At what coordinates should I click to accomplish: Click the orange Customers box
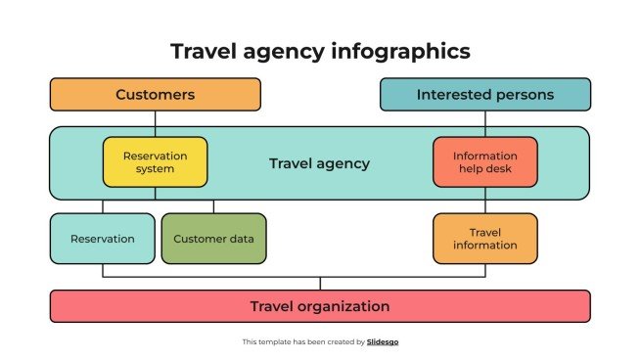coord(155,95)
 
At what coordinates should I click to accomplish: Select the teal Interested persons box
coord(485,95)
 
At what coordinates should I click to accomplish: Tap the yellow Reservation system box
coord(155,162)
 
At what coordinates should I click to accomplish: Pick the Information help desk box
coord(484,162)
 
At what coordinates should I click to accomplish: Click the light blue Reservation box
coord(102,239)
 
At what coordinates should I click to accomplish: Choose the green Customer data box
coord(213,239)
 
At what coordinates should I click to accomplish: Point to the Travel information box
coord(484,239)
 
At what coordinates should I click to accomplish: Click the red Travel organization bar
coord(320,306)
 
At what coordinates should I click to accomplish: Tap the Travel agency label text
coord(320,163)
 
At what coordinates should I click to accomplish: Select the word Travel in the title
coord(201,51)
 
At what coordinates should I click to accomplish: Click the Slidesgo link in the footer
coord(383,342)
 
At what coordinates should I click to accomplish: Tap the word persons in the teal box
coord(527,95)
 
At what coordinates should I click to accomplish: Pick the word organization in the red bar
coord(344,306)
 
